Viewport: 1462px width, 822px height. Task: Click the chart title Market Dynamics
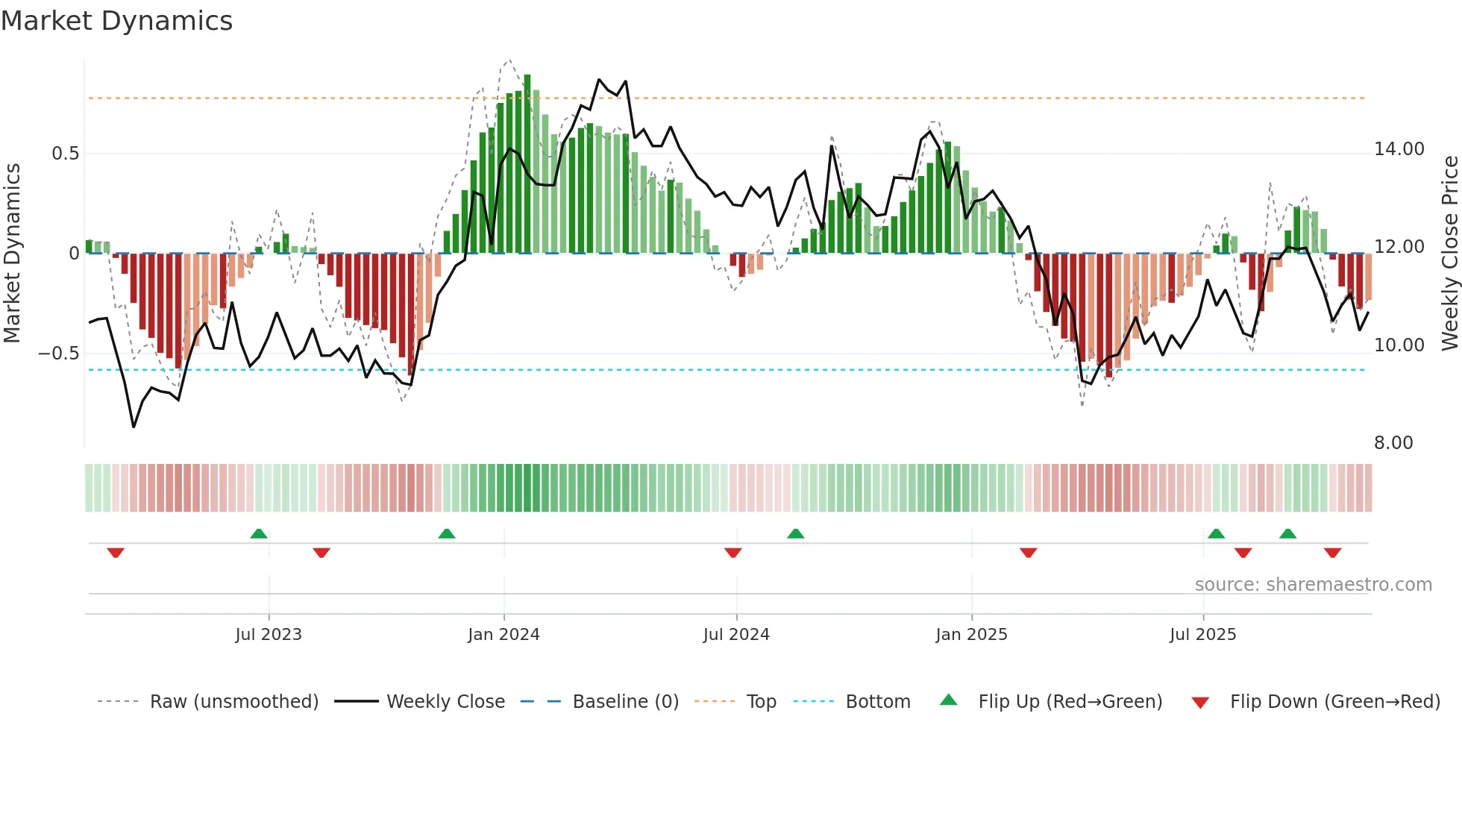point(116,21)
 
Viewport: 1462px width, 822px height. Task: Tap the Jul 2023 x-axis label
point(269,635)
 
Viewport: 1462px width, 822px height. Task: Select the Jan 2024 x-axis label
point(503,635)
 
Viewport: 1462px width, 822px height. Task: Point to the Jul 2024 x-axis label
point(736,635)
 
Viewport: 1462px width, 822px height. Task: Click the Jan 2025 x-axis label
point(971,635)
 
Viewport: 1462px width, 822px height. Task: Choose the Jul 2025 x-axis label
point(1202,635)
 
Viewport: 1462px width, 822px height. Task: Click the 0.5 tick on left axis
point(66,154)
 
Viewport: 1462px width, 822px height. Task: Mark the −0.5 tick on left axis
point(59,354)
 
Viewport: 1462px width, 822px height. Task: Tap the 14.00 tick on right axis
point(1399,149)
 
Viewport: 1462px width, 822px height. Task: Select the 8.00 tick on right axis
point(1393,443)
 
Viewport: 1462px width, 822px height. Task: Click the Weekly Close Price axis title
point(1449,254)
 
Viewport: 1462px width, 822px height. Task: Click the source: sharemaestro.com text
point(1313,585)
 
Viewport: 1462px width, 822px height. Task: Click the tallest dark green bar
point(527,164)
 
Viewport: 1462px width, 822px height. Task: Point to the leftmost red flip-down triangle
point(116,553)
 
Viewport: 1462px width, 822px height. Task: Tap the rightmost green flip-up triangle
point(1287,533)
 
